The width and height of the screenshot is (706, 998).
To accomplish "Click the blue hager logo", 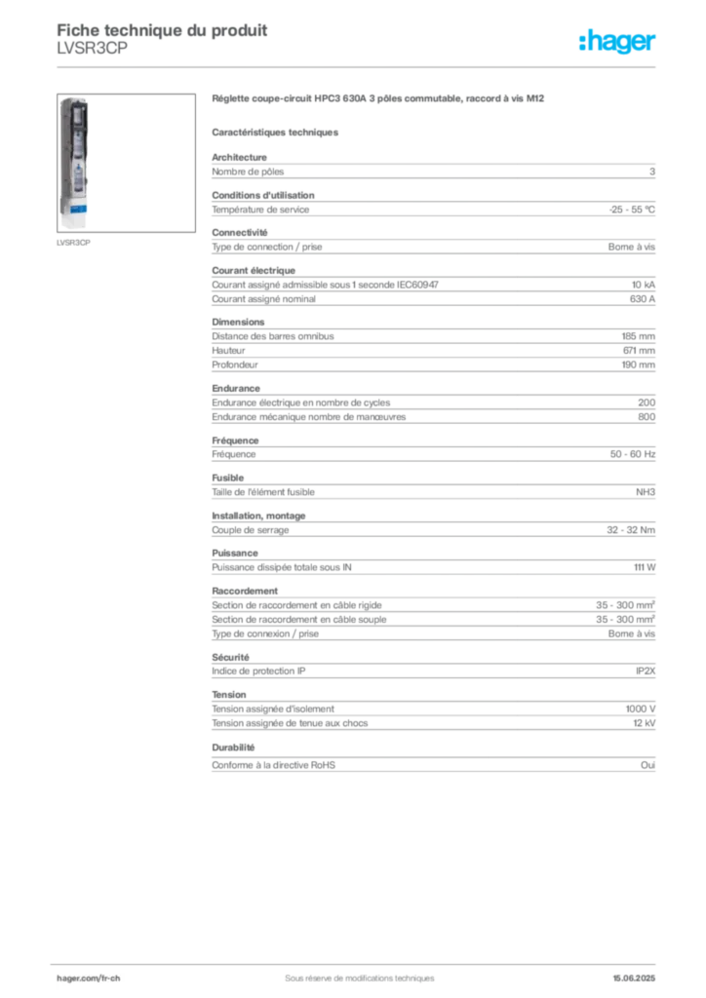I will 618,43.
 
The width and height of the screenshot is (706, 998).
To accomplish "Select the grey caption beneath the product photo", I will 74,243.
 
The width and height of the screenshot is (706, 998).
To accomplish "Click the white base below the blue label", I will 73,210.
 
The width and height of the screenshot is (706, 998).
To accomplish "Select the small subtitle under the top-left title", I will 91,57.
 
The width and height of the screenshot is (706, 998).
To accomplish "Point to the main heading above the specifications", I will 376,99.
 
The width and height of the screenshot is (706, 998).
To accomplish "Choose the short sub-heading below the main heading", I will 276,132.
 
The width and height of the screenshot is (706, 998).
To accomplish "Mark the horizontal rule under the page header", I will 358,66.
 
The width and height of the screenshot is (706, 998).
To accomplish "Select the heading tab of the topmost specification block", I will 240,153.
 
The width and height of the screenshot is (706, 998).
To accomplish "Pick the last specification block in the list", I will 432,763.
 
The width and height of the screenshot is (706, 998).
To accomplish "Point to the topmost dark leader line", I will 463,245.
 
